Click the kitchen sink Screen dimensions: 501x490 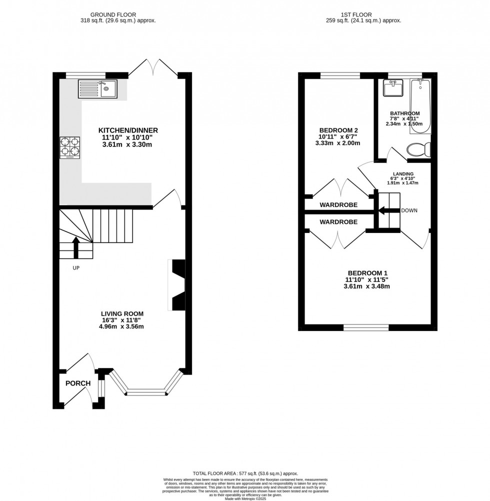pyautogui.click(x=97, y=89)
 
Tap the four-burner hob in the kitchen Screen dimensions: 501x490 pyautogui.click(x=70, y=148)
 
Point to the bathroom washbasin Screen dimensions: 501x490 pyautogui.click(x=392, y=88)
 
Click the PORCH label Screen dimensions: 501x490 pyautogui.click(x=78, y=383)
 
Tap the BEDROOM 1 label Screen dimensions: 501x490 pyautogui.click(x=366, y=273)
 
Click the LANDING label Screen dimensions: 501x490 pyautogui.click(x=402, y=173)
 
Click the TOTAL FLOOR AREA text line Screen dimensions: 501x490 pyautogui.click(x=244, y=473)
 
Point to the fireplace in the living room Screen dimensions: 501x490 pyautogui.click(x=178, y=285)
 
